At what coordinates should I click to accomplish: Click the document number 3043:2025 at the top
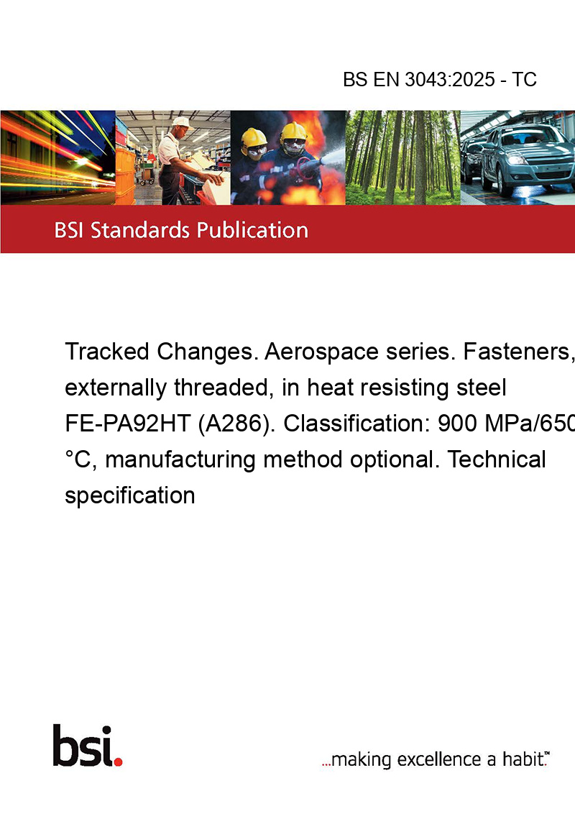tap(450, 79)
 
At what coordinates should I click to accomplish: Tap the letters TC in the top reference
tap(524, 79)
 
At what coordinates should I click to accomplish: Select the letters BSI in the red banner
tap(70, 230)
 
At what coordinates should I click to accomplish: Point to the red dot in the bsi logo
tap(118, 762)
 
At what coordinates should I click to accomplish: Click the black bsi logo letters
tap(83, 746)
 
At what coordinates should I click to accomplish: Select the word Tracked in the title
tap(107, 352)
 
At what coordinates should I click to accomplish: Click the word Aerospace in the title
tap(321, 352)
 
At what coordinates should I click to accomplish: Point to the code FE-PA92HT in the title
tap(128, 423)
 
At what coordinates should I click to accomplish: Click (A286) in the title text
tap(237, 424)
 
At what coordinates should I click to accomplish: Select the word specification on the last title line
tap(130, 495)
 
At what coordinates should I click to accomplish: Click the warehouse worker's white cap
tap(181, 122)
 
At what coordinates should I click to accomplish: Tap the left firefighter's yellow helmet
tap(254, 137)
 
